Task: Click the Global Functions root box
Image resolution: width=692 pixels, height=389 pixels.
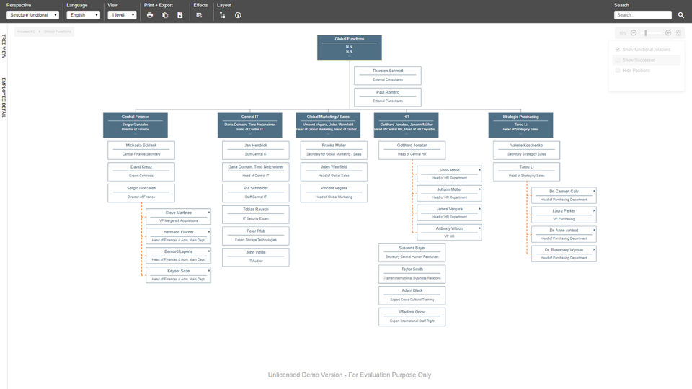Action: point(349,47)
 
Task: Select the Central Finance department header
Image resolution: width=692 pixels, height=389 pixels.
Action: point(135,125)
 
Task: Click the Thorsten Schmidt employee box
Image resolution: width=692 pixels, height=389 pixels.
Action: point(388,76)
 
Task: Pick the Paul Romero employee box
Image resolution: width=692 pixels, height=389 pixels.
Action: point(388,97)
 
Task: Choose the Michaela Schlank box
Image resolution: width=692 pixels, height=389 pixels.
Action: point(141,150)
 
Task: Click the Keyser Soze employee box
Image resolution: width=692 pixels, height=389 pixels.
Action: point(178,274)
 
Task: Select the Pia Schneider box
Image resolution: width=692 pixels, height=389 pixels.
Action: point(255,192)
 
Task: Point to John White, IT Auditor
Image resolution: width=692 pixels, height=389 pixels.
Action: point(255,257)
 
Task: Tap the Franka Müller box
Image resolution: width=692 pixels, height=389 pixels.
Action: point(334,150)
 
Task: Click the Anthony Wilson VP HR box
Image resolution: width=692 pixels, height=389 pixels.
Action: point(449,232)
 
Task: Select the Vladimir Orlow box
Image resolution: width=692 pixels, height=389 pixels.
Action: point(412,316)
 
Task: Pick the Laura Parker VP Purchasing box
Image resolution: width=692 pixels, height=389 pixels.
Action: point(564,215)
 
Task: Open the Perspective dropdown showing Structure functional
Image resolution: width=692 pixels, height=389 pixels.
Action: point(32,14)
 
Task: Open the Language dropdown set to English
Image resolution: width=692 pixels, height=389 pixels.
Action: point(83,14)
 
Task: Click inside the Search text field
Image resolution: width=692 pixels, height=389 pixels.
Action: point(642,14)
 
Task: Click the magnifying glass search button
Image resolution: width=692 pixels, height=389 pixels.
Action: point(681,14)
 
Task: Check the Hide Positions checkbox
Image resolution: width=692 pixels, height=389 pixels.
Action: point(618,71)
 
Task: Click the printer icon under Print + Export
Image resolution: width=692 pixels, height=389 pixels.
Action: point(150,14)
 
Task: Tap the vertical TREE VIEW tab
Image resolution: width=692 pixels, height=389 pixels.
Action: point(4,47)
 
